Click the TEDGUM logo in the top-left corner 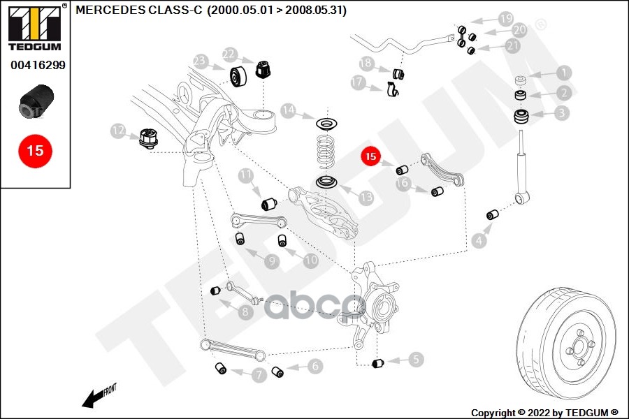pos(35,28)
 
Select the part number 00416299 pos(38,65)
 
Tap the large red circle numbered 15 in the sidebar pos(36,151)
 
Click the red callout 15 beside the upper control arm pos(370,156)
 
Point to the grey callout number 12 pos(118,131)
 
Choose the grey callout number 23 pos(200,61)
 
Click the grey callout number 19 pos(506,18)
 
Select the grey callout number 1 pos(564,73)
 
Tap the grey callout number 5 pos(416,359)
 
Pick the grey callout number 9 pos(272,261)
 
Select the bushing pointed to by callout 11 pos(270,203)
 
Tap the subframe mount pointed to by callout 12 pos(149,138)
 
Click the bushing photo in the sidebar pos(36,101)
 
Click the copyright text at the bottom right pos(544,413)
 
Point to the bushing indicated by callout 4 pos(493,214)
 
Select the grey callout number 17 pos(357,82)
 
